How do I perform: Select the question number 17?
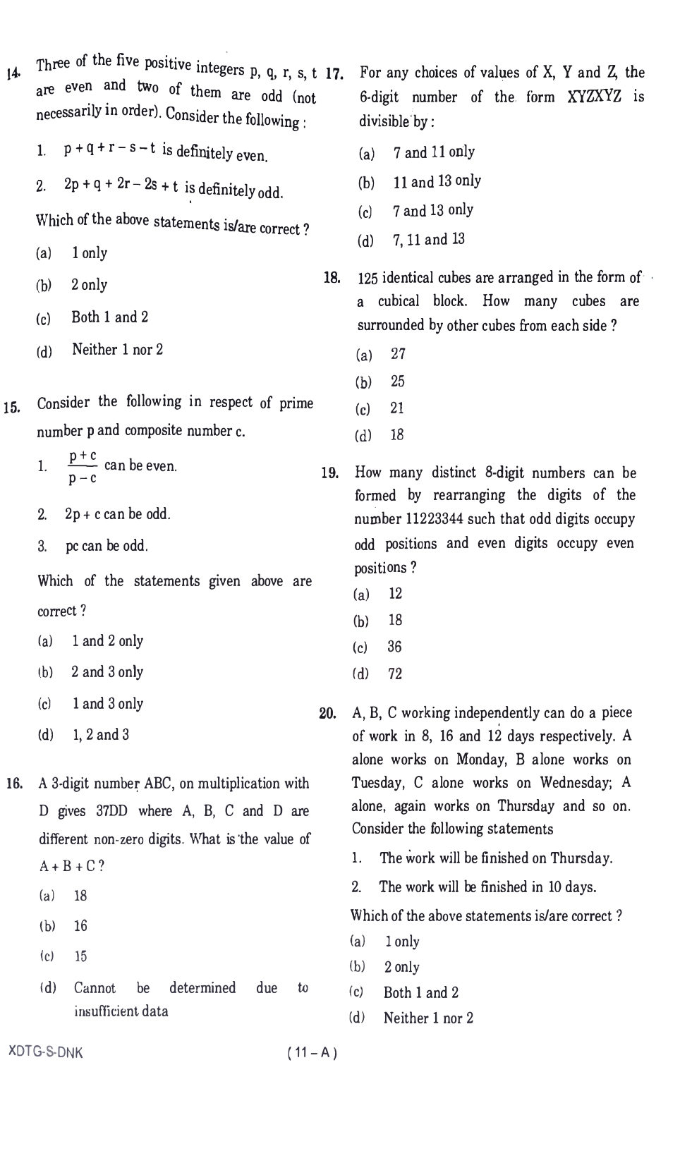[334, 73]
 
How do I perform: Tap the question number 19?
[329, 473]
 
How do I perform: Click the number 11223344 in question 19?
[434, 520]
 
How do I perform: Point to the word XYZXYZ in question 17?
[594, 97]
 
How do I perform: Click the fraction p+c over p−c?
[83, 468]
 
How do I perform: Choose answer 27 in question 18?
[399, 354]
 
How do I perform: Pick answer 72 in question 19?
[395, 674]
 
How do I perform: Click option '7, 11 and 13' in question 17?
[429, 240]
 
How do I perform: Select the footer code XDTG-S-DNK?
[45, 1052]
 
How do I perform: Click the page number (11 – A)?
[312, 1053]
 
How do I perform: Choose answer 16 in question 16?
[80, 926]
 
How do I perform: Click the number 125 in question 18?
[368, 278]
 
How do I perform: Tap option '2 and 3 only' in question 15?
[107, 672]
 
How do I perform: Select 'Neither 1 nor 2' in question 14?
[117, 350]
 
